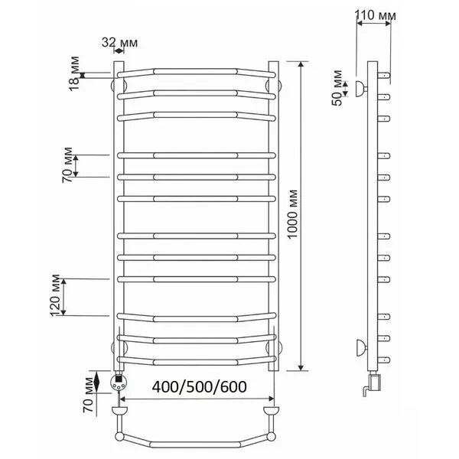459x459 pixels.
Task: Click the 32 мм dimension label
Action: click(119, 42)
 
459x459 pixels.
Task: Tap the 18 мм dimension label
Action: click(74, 73)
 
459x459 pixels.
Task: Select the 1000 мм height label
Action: click(292, 214)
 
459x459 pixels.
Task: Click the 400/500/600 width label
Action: click(199, 386)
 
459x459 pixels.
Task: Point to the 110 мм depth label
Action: click(375, 15)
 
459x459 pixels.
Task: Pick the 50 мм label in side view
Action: click(337, 88)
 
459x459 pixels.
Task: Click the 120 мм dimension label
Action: click(55, 295)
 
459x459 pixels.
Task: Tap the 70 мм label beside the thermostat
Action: click(89, 395)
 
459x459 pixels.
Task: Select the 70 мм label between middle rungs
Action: click(67, 165)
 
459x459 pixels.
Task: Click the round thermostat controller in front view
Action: click(119, 382)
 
